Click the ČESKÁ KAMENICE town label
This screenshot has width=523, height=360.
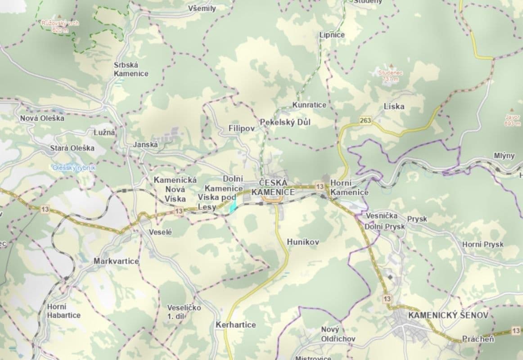[277, 188]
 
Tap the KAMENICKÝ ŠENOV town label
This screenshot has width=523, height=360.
[448, 315]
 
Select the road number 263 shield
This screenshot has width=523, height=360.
[365, 121]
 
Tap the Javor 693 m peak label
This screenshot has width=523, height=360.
[512, 119]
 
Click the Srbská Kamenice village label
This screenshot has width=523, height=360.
[131, 69]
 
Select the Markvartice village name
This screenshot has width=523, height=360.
[116, 261]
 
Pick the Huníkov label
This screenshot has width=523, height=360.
[303, 242]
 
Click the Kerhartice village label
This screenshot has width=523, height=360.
[236, 324]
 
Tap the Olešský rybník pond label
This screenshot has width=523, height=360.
[74, 167]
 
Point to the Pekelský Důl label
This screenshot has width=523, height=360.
[285, 122]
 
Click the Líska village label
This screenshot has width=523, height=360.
[394, 107]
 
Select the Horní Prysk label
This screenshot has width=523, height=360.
[483, 244]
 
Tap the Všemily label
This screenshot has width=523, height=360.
[202, 9]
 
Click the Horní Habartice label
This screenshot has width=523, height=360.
[63, 311]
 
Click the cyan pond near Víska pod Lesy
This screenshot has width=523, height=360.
[233, 207]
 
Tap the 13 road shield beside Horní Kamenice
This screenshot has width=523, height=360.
[320, 186]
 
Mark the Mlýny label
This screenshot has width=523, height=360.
[504, 156]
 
